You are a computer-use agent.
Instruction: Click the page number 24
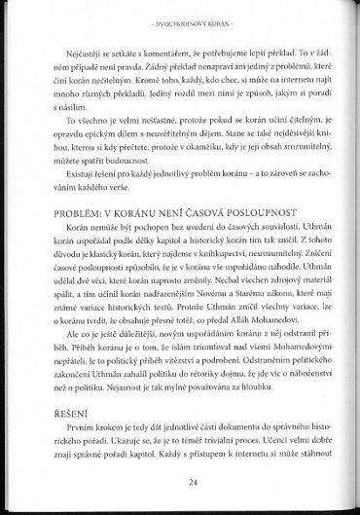coord(180,479)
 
